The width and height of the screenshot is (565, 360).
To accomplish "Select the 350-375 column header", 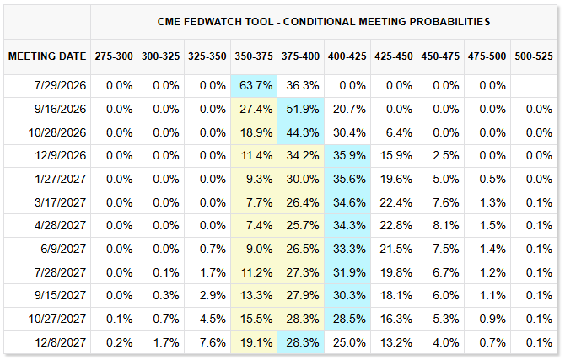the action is pos(254,56).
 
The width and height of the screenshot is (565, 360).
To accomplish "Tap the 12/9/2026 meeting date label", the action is pos(61,156).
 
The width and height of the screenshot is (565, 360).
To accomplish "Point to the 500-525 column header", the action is pos(534,56).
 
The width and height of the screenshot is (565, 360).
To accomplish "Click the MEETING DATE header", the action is pos(47,56).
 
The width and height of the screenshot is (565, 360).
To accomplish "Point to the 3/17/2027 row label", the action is pos(61,202).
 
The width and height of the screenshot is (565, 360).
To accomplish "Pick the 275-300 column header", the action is pos(114,56).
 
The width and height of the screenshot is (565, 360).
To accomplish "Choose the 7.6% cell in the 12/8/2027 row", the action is pos(213,342).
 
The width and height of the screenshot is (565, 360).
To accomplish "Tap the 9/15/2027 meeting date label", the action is pos(61,295).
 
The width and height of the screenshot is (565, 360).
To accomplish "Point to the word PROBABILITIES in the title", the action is pos(449,22).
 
